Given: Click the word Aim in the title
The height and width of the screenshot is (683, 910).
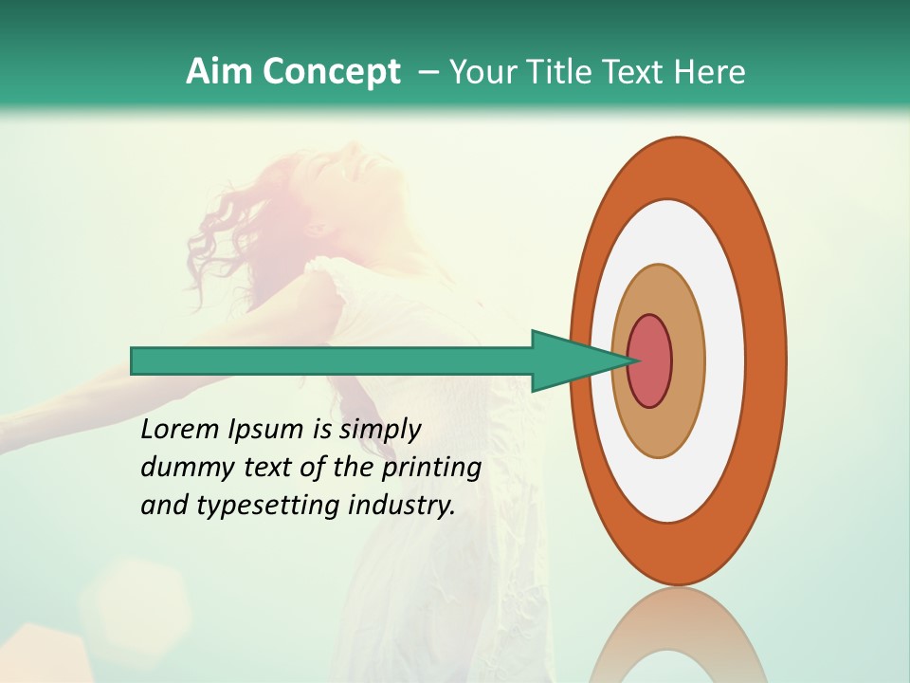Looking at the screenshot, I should [218, 72].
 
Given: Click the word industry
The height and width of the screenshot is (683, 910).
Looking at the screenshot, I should [401, 506].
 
